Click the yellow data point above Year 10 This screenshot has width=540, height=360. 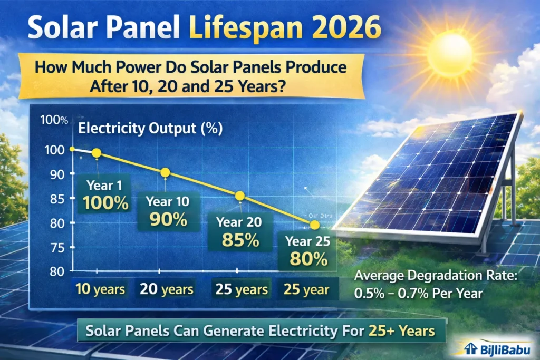[x=165, y=172]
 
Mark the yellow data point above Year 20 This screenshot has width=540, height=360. [x=240, y=196]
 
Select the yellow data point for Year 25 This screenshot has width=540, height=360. [x=315, y=225]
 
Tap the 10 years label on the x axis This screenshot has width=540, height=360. [x=101, y=289]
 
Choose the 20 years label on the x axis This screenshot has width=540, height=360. [x=167, y=289]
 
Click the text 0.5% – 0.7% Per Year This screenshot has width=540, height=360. [x=418, y=294]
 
